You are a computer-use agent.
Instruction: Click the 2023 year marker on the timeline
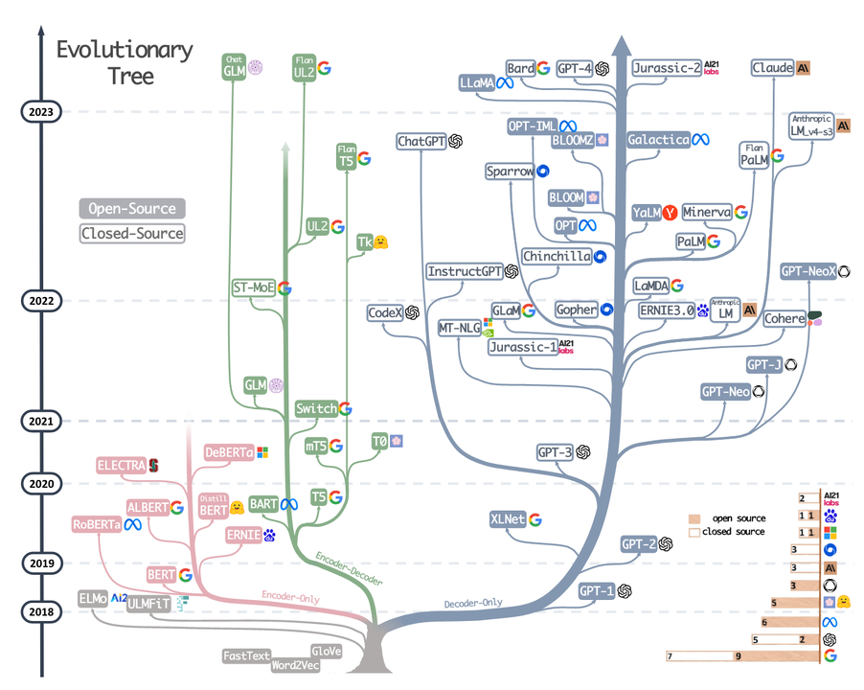42,112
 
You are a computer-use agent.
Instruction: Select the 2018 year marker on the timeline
42,610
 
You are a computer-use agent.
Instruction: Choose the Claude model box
773,68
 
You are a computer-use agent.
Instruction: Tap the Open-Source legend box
132,209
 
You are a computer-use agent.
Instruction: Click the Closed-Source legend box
132,233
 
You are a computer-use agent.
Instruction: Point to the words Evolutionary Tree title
125,62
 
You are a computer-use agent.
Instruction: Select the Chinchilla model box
556,257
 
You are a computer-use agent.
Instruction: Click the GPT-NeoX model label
807,271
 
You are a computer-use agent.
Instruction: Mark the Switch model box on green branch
316,408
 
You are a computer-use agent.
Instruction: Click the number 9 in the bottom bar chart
738,656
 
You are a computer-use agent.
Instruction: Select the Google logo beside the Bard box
543,68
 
